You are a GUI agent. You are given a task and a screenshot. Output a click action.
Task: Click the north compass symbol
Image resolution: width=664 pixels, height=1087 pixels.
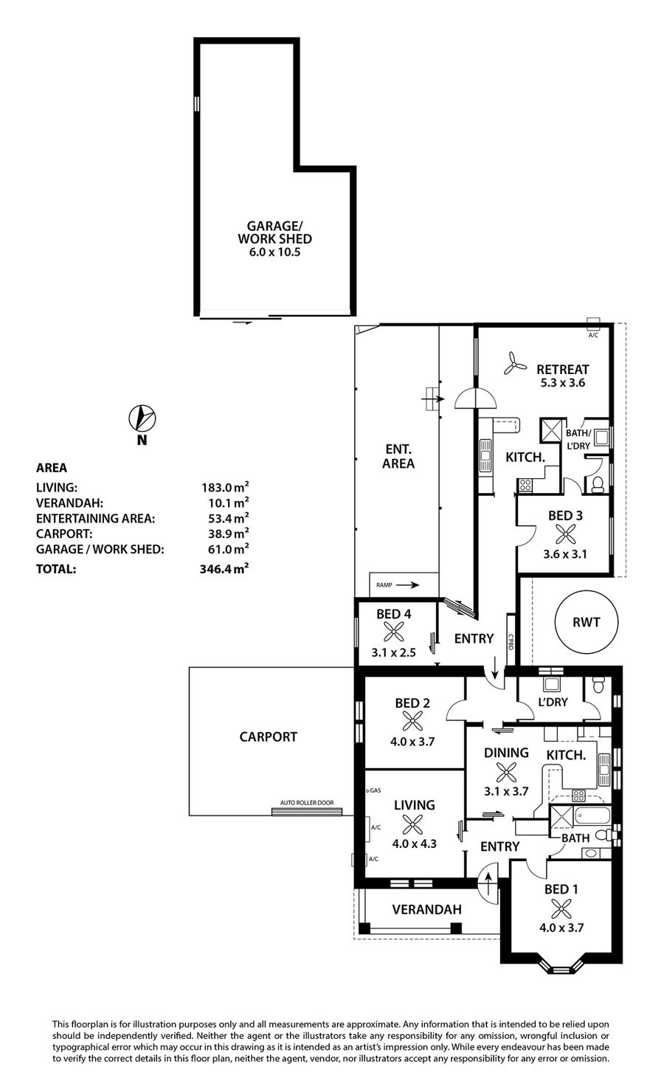tap(142, 418)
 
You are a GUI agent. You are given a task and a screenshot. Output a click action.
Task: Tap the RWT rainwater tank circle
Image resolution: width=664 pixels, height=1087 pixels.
tap(587, 622)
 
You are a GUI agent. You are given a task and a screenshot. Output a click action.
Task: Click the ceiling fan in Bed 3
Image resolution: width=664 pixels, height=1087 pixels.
tap(565, 535)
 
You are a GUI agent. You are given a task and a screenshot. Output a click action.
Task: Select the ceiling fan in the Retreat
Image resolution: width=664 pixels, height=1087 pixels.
tap(515, 364)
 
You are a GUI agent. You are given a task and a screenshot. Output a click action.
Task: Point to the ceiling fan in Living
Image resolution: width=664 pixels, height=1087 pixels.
tap(412, 824)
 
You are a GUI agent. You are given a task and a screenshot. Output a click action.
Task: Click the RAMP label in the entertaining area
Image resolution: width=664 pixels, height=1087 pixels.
tap(384, 585)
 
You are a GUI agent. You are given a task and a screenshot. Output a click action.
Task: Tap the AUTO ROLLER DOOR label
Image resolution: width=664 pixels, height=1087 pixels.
tap(307, 803)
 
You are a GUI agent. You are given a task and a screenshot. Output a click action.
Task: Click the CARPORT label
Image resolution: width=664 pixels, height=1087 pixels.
tap(269, 736)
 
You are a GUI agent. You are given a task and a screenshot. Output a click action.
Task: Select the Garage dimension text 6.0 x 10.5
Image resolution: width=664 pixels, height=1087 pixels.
tap(274, 252)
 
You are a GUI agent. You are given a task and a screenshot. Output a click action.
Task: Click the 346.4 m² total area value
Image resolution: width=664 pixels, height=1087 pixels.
tap(224, 568)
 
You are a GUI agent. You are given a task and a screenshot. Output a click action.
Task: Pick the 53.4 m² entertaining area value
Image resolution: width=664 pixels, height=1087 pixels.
tap(229, 518)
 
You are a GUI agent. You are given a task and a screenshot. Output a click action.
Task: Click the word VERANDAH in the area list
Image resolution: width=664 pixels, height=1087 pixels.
tap(70, 503)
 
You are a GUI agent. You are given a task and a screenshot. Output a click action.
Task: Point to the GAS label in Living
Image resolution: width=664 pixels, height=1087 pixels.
tap(374, 790)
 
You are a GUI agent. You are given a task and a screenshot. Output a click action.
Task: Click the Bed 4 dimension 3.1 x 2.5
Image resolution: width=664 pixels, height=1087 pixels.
tap(393, 652)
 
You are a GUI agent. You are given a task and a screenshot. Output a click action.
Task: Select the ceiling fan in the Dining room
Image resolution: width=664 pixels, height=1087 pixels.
tap(506, 772)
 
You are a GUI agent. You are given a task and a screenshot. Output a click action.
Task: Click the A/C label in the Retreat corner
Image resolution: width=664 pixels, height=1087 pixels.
tap(593, 335)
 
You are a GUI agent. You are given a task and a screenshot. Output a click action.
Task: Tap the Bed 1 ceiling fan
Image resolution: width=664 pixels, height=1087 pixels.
tap(561, 908)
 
